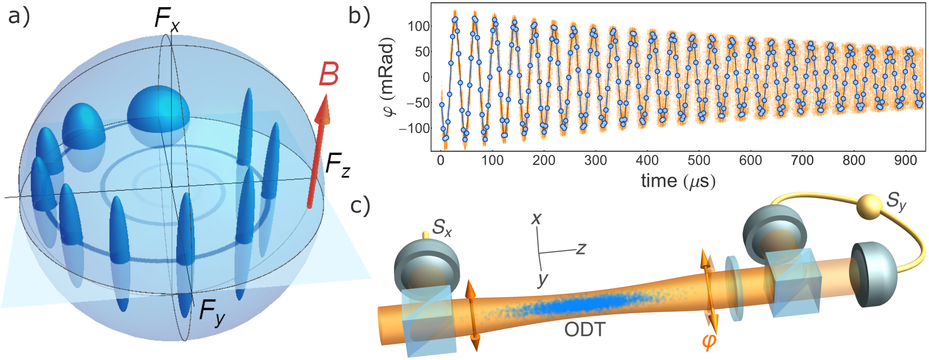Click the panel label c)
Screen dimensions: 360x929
pyautogui.click(x=360, y=206)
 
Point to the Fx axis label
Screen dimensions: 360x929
pyautogui.click(x=166, y=19)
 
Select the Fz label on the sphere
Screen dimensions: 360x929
pyautogui.click(x=337, y=165)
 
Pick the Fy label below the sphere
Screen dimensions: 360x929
pyautogui.click(x=212, y=313)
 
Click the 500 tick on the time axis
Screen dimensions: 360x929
pyautogui.click(x=699, y=160)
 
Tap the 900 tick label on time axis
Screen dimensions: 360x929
pyautogui.click(x=905, y=160)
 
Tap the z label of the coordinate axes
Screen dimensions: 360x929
pyautogui.click(x=581, y=249)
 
